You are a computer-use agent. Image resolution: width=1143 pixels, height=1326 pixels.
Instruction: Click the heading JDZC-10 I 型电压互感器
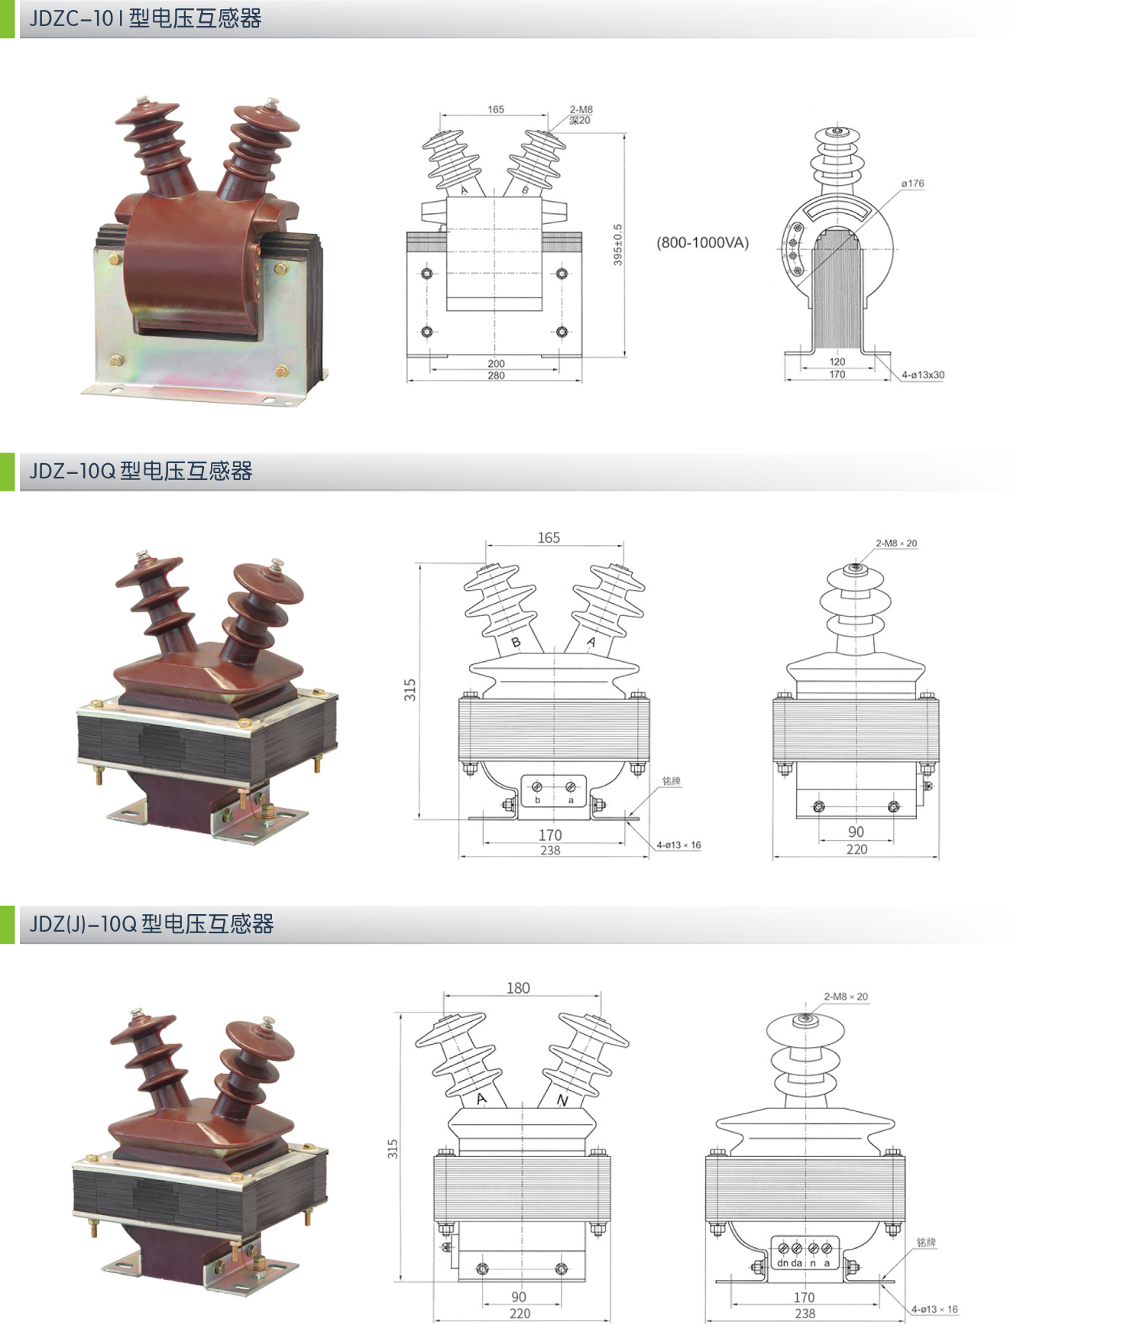click(145, 18)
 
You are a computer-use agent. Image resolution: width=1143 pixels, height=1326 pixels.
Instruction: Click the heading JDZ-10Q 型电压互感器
click(141, 471)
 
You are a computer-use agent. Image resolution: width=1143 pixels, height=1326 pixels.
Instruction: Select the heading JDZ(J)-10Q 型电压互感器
click(151, 924)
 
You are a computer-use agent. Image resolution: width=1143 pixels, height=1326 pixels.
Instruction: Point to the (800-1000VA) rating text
click(703, 243)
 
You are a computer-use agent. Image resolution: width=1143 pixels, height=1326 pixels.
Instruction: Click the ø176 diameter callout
click(912, 183)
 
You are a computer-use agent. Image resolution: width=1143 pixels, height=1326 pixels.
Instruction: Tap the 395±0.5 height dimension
click(618, 245)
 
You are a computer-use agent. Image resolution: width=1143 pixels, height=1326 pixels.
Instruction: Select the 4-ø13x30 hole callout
click(923, 374)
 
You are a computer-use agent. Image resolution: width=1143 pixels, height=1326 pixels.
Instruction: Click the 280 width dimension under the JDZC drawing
click(496, 375)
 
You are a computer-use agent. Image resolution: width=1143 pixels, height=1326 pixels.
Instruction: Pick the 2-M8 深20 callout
click(581, 115)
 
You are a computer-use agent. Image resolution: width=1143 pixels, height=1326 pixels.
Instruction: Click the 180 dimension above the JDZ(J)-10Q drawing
click(518, 987)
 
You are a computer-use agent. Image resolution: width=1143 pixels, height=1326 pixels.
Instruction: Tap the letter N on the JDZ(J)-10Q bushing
click(562, 1101)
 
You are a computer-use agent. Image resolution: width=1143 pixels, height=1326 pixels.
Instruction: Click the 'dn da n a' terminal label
click(804, 1263)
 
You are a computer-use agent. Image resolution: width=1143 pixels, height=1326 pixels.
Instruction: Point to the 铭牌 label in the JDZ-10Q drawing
click(672, 781)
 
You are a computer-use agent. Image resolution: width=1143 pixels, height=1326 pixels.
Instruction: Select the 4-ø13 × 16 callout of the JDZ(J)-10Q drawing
click(934, 1309)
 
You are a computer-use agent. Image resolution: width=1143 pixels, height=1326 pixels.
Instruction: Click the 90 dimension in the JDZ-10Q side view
click(856, 832)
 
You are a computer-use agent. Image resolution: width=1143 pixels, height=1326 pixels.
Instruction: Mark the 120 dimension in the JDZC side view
click(837, 361)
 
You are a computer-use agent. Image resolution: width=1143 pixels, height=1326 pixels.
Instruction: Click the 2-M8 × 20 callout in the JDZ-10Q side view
click(896, 543)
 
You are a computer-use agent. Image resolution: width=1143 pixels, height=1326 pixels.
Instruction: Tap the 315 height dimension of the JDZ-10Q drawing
click(410, 690)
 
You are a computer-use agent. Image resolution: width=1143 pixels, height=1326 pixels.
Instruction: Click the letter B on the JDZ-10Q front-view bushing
click(516, 643)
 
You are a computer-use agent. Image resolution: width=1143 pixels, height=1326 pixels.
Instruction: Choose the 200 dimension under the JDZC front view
click(496, 364)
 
